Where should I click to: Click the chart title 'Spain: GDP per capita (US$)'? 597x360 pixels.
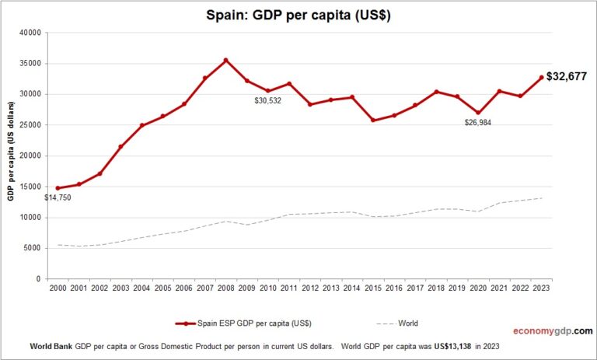(x=299, y=14)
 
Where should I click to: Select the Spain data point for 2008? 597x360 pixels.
(x=225, y=60)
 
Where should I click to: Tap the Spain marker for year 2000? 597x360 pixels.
(x=58, y=188)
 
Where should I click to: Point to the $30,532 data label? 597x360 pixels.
(x=271, y=101)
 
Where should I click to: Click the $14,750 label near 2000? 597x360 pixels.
(x=59, y=198)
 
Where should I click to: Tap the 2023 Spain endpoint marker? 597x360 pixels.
(x=540, y=78)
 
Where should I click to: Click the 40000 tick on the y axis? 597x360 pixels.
(x=29, y=33)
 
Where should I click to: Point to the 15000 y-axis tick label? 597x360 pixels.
(x=29, y=187)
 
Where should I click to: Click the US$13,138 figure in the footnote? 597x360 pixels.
(x=436, y=345)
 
